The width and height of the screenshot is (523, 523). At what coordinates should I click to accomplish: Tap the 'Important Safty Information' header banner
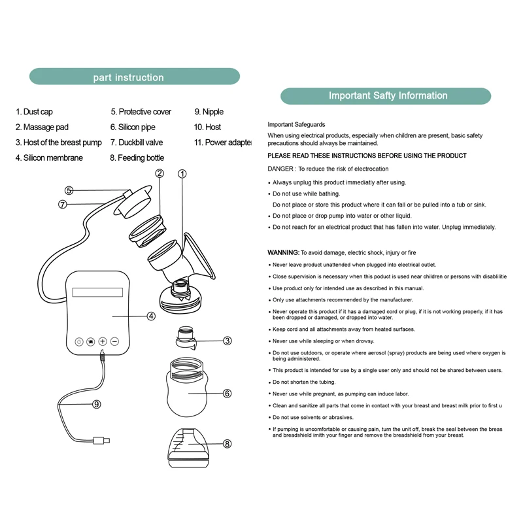click(x=386, y=96)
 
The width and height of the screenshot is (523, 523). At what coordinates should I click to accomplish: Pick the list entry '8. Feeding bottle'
click(x=137, y=158)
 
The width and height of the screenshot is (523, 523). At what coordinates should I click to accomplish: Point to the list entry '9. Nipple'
click(x=209, y=112)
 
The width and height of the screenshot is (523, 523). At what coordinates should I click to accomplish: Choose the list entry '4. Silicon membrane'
click(x=49, y=158)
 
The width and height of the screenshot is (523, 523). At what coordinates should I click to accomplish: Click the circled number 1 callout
click(x=182, y=174)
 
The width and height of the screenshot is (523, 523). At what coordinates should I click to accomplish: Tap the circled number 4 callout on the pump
click(x=151, y=316)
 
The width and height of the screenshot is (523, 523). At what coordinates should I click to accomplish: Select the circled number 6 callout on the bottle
click(x=227, y=394)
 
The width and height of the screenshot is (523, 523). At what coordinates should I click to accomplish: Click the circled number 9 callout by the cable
click(x=97, y=404)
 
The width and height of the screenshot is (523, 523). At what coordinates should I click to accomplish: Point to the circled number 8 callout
click(x=227, y=443)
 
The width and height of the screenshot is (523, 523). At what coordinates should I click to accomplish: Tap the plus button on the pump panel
click(x=103, y=341)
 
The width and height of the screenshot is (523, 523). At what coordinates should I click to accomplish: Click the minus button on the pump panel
click(x=114, y=341)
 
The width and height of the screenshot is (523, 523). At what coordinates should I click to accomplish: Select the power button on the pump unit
click(x=78, y=341)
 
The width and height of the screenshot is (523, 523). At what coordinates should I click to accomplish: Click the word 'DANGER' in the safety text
click(x=281, y=169)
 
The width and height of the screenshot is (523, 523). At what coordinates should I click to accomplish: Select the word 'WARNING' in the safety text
click(x=283, y=252)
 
